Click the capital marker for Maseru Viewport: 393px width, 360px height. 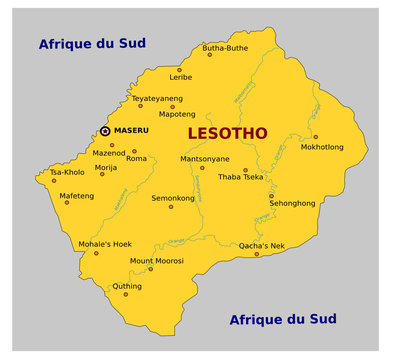[105, 131]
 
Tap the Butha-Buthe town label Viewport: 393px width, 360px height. [225, 46]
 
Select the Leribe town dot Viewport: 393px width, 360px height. [181, 66]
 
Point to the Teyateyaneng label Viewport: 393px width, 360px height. [158, 98]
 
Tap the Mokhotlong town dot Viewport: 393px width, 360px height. [316, 137]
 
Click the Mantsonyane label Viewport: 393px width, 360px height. [205, 158]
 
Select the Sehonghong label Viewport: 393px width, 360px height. [292, 202]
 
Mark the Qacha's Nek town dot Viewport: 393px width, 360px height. [256, 254]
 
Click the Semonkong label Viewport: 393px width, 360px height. [173, 198]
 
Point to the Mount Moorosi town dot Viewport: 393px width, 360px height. [151, 269]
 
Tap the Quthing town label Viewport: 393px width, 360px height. [127, 285]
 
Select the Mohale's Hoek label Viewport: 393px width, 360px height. [105, 243]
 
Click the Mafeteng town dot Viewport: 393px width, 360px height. [67, 203]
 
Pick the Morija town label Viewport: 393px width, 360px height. [105, 167]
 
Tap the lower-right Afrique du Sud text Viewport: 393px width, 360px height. [283, 319]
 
